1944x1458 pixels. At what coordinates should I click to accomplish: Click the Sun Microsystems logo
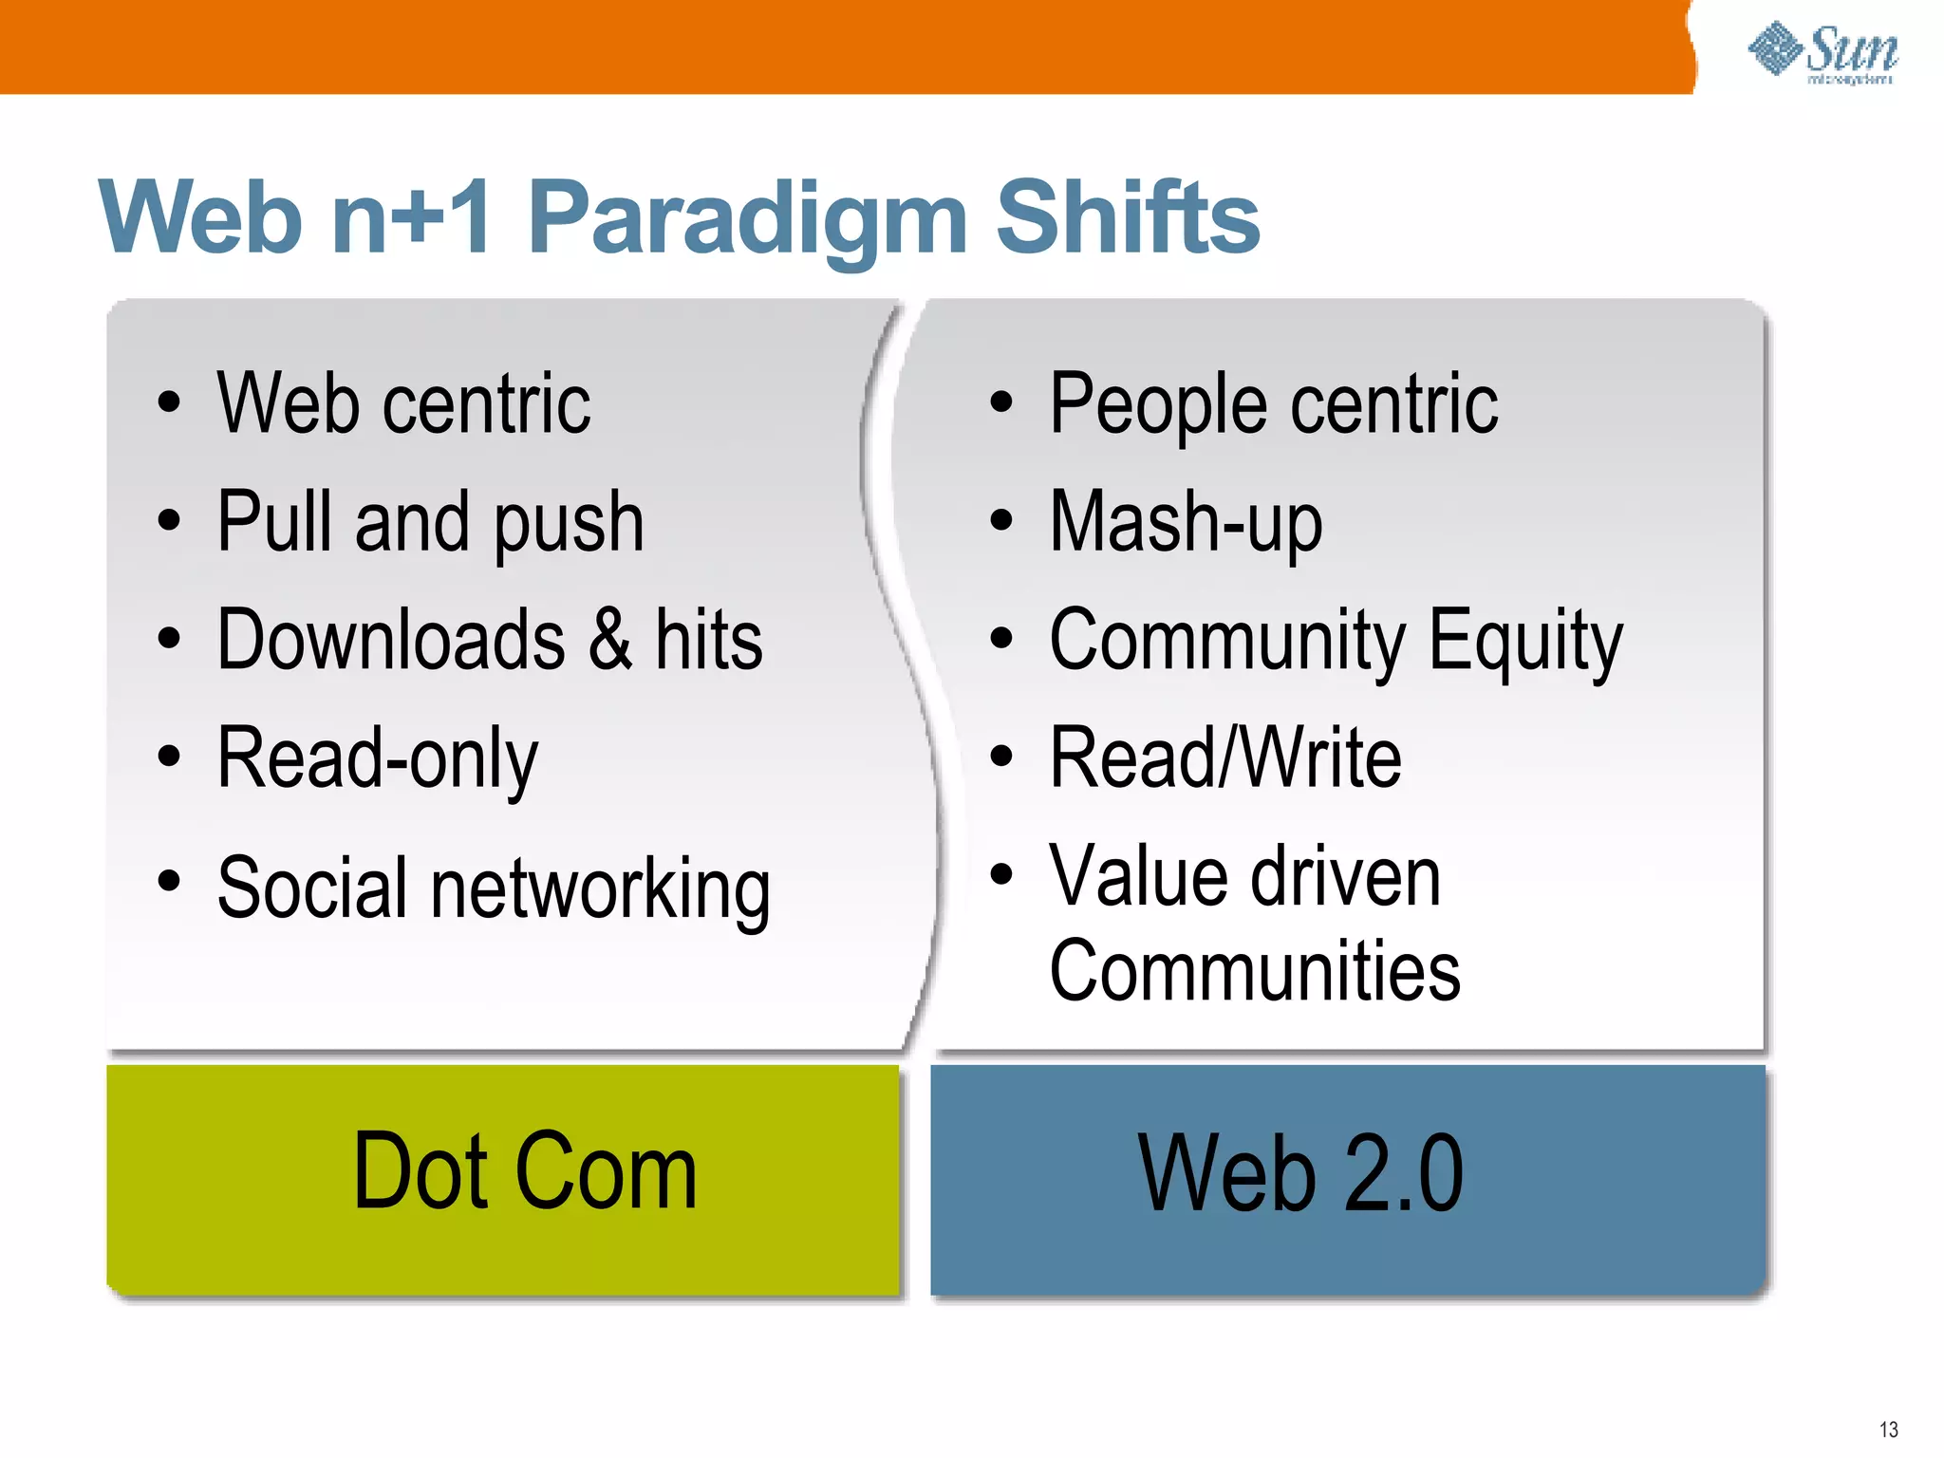1823,53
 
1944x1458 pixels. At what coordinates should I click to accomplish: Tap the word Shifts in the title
1128,218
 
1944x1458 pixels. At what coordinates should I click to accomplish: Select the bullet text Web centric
403,404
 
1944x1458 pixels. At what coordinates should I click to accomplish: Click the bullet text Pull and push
430,522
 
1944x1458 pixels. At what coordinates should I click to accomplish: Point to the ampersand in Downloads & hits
610,640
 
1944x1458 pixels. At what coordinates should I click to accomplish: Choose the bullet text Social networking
494,888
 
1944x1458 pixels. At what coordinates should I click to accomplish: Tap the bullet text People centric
1273,404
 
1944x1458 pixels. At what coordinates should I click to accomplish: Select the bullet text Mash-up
1186,522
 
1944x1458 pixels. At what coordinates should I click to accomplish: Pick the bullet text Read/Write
1225,757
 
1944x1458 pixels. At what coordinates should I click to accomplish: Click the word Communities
1255,970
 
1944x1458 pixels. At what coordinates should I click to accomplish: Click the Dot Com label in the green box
525,1173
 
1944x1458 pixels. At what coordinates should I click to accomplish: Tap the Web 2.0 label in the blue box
1300,1175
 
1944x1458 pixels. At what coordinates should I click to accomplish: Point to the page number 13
1888,1430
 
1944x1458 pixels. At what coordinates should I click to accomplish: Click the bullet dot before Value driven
1001,872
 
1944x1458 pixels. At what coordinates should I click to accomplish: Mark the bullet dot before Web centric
169,402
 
